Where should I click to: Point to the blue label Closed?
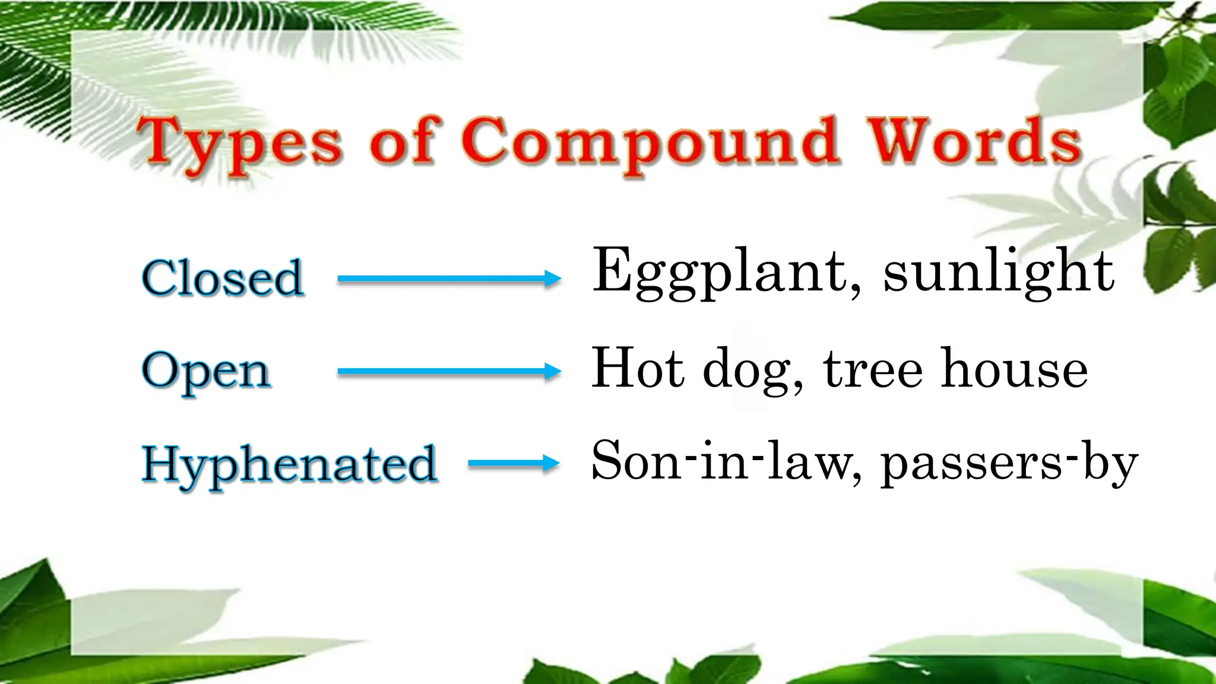coord(223,278)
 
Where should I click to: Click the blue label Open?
coord(206,372)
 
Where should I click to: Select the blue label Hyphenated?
coord(290,464)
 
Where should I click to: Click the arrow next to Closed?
coord(449,278)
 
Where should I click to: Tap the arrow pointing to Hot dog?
coord(449,372)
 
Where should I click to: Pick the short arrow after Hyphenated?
coord(514,464)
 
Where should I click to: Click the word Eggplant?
coord(719,272)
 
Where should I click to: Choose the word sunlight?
coord(998,272)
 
